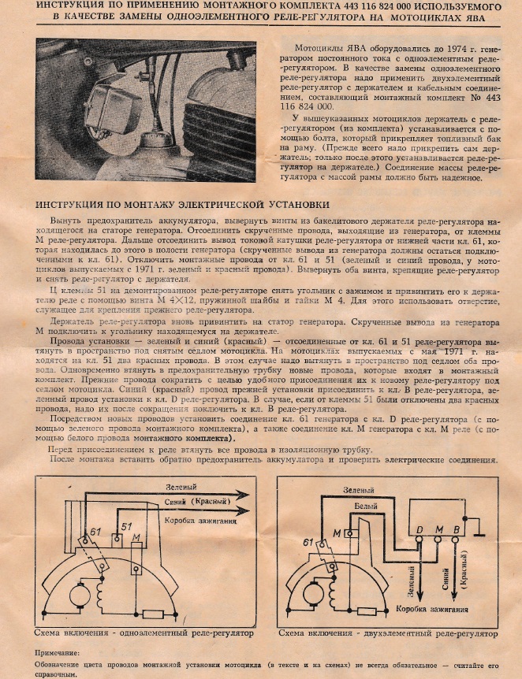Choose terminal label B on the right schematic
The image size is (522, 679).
[455, 528]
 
